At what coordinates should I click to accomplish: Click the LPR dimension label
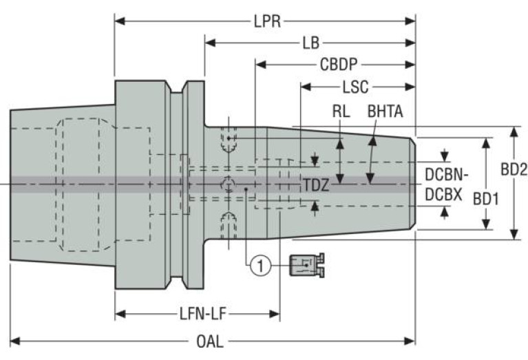(x=266, y=21)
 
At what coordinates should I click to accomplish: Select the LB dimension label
(x=310, y=43)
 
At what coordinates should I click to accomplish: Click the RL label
(x=340, y=110)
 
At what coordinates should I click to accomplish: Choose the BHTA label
(x=386, y=110)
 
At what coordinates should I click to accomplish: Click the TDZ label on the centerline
(x=317, y=184)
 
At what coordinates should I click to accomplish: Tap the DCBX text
(x=443, y=195)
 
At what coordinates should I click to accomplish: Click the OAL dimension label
(x=213, y=340)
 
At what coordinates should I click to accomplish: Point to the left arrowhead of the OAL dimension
(x=14, y=340)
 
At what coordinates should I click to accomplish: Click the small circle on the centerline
(x=229, y=184)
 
